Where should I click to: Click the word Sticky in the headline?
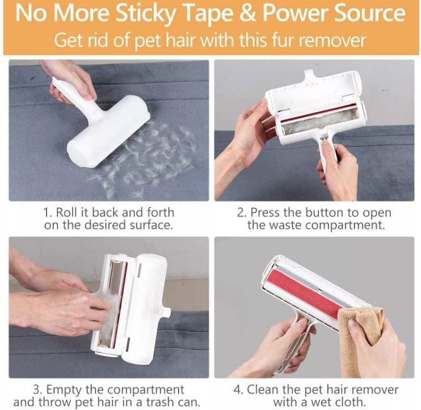click(x=145, y=13)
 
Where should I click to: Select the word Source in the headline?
click(x=370, y=13)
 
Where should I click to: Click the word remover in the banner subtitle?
click(x=332, y=40)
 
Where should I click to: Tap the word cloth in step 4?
click(x=352, y=402)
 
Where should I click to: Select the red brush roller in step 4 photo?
click(x=303, y=293)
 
